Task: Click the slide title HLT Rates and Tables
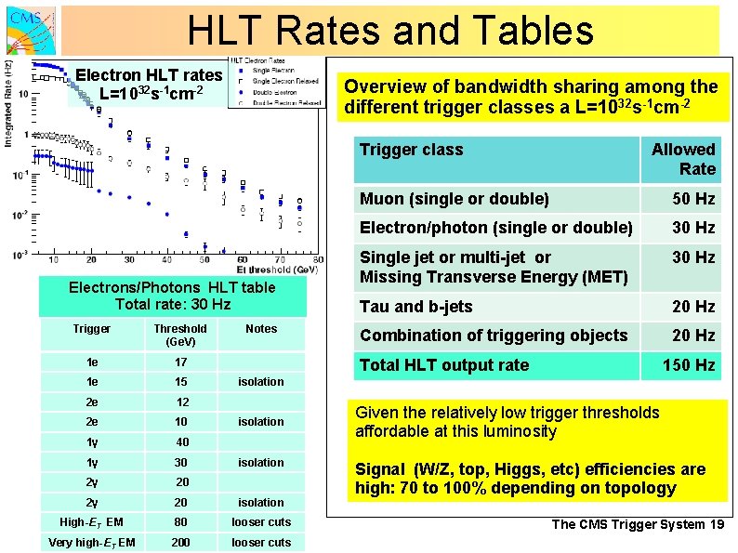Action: point(390,30)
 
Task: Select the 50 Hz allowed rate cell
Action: point(693,198)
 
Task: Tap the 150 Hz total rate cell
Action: point(688,365)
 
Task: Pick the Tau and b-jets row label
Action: point(416,307)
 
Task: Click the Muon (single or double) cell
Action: point(455,198)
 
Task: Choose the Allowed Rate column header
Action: point(683,159)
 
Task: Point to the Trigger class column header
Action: point(411,150)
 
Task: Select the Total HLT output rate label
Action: point(444,365)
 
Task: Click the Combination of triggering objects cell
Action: point(494,336)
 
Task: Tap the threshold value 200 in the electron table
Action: point(180,543)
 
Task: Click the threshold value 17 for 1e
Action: point(180,362)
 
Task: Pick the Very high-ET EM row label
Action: point(92,543)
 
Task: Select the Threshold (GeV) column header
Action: point(180,335)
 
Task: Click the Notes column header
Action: point(261,329)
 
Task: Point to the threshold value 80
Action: point(180,522)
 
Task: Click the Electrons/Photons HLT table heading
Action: point(173,296)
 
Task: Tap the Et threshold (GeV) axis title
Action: point(276,269)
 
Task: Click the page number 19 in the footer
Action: point(717,525)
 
